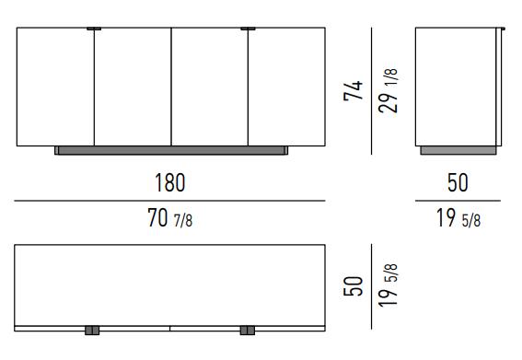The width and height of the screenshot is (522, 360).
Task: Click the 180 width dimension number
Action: click(169, 182)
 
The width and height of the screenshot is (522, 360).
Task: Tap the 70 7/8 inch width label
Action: click(169, 218)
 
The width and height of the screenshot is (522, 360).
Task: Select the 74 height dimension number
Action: click(354, 90)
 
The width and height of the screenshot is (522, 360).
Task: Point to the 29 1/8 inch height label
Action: click(388, 90)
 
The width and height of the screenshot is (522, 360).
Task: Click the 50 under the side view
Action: click(458, 182)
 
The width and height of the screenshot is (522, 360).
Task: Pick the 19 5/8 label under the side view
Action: click(458, 218)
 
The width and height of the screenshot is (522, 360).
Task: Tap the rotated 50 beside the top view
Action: click(354, 286)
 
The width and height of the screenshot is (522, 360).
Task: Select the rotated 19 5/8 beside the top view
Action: click(388, 285)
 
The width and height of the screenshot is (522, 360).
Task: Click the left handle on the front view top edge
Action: click(94, 29)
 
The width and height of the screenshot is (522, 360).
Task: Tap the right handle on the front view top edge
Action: click(248, 29)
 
